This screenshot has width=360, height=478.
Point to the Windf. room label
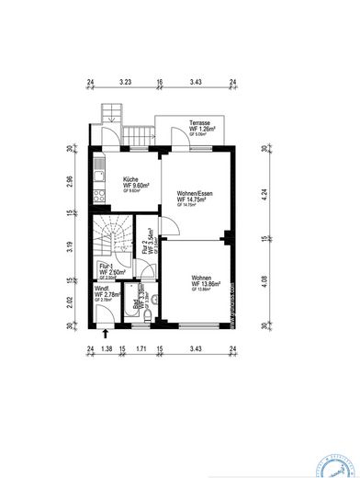tap(102, 288)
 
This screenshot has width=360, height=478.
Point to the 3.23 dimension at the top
tap(126, 83)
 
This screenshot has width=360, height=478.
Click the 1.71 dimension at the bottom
tap(141, 349)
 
